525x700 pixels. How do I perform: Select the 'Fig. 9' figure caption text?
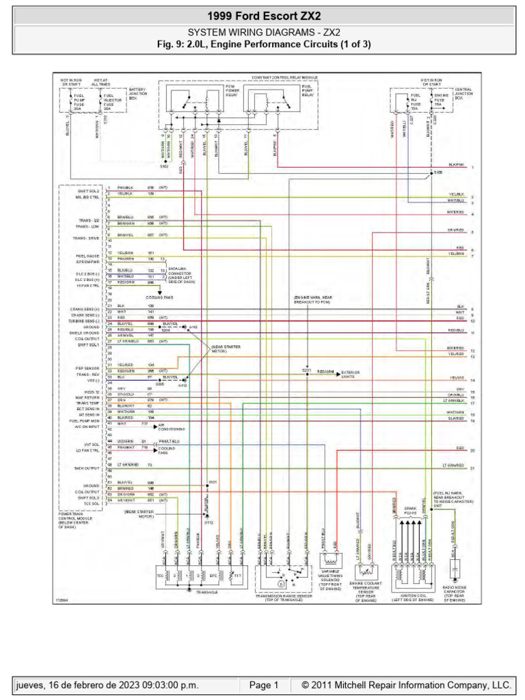(x=262, y=43)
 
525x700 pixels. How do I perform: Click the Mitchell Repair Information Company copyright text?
(x=401, y=685)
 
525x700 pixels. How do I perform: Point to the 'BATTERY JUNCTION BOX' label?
(x=137, y=93)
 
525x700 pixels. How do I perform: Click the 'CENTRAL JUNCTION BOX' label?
(x=463, y=93)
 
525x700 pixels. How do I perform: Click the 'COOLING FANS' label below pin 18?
(x=160, y=298)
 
